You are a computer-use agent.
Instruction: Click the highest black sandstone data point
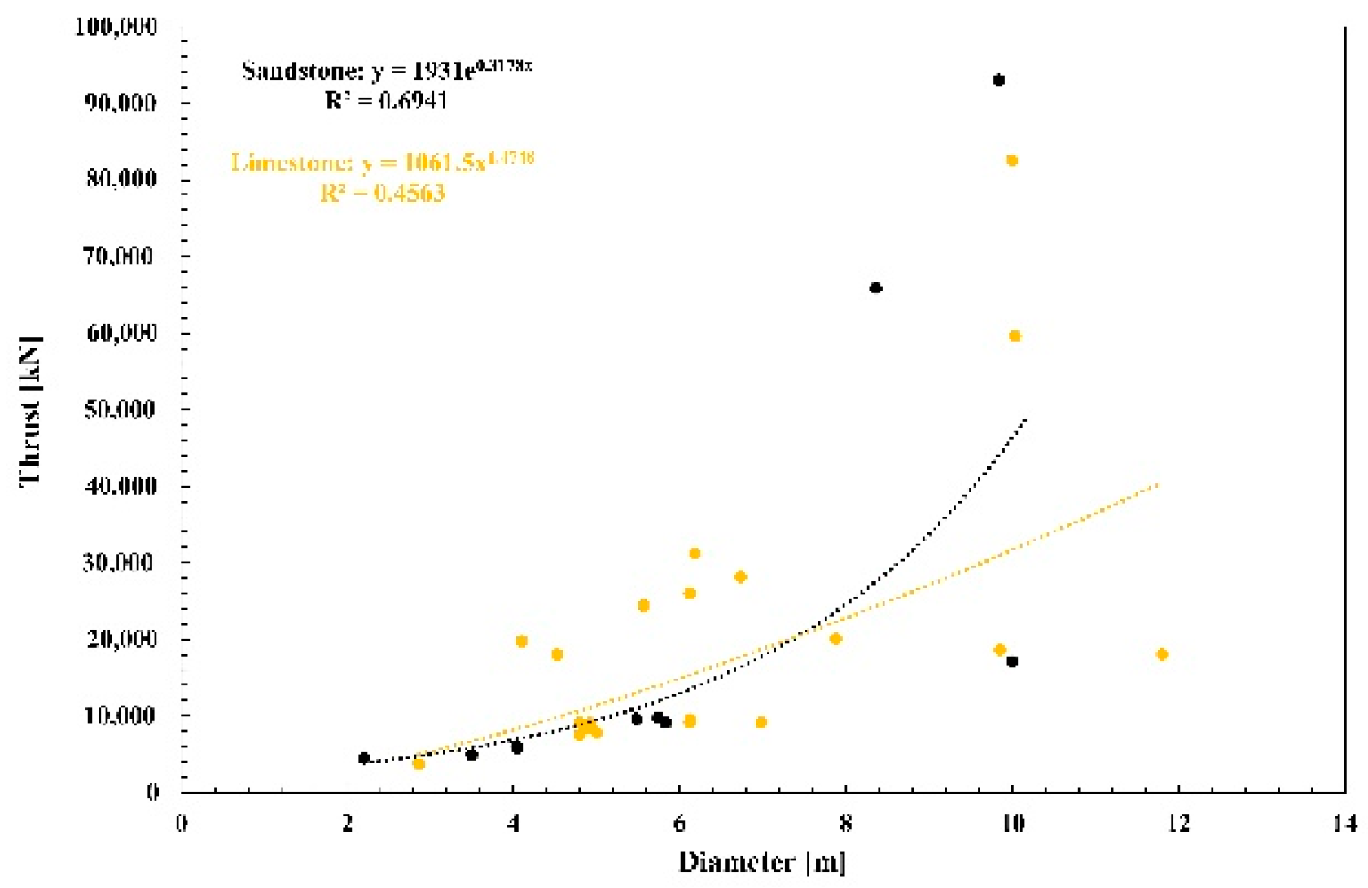999,80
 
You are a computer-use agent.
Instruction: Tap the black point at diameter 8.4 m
876,287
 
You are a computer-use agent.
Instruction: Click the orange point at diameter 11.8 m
1162,654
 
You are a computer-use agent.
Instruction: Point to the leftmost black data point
364,758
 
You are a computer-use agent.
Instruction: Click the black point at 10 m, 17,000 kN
1012,662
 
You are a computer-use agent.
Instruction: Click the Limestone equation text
383,162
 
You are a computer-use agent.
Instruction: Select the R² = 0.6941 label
386,101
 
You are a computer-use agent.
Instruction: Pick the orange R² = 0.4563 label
383,194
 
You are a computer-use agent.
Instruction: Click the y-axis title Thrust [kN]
31,410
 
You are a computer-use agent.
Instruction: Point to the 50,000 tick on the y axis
121,409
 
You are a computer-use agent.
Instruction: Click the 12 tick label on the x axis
1177,824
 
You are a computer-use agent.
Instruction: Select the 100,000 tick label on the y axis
116,27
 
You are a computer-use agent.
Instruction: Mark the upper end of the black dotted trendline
1026,418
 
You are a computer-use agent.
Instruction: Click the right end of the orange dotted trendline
1157,485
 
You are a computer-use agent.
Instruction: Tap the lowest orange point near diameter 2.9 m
419,763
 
